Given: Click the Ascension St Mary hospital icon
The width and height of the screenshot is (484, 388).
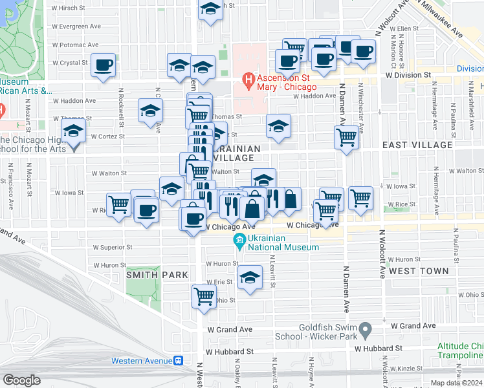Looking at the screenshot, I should pos(247,80).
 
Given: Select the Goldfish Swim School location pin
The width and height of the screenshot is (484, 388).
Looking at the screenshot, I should pos(366,331).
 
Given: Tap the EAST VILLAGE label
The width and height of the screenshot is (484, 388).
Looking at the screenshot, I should pos(417,145).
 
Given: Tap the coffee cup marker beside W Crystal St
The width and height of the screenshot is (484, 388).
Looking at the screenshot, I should pos(104,65).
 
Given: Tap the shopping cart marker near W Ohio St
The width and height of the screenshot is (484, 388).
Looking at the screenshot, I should pos(204,297).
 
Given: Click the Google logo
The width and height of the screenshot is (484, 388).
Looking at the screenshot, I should pos(21,380).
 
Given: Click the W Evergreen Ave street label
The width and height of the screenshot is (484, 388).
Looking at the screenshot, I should pos(78,27).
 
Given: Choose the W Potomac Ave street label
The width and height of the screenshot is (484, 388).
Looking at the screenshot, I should pos(76,45).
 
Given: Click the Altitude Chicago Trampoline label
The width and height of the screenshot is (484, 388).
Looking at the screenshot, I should pos(460,350).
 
